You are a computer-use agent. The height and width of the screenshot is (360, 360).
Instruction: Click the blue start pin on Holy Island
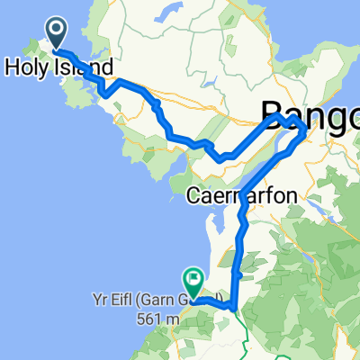pos(57,34)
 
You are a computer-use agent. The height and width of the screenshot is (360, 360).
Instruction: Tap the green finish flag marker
pos(192,279)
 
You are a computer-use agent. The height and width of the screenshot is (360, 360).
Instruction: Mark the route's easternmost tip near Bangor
pos(307,132)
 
